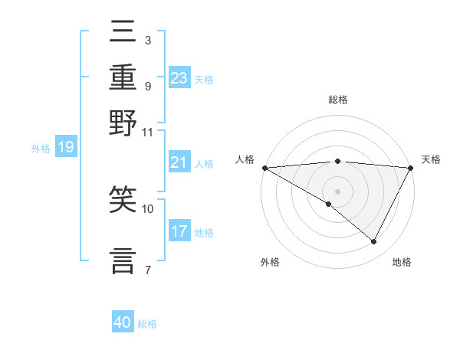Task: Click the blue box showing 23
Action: [x=179, y=77]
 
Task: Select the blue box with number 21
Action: [x=179, y=162]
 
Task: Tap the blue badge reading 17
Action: [x=179, y=231]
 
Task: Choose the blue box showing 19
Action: [x=66, y=147]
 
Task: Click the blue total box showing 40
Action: [x=123, y=322]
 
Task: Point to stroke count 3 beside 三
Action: [x=147, y=40]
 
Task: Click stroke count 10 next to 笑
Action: [x=148, y=208]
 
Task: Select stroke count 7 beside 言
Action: [x=147, y=269]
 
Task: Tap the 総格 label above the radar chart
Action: [x=337, y=100]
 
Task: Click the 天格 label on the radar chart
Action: [x=431, y=159]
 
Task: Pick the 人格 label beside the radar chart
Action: [x=245, y=159]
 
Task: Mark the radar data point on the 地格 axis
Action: [x=374, y=241]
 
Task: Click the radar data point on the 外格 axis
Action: [x=329, y=204]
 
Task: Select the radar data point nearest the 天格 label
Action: [x=411, y=168]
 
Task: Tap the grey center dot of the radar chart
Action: [x=337, y=191]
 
